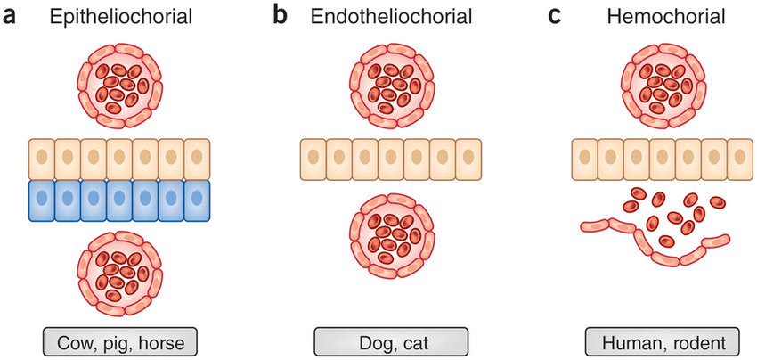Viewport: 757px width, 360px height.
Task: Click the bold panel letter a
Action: click(12, 17)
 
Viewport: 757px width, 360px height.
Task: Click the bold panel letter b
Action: click(281, 17)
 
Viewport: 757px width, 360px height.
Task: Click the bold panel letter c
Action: click(554, 17)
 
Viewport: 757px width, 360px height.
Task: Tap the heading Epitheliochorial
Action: click(119, 17)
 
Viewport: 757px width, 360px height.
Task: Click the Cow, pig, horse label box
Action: click(119, 342)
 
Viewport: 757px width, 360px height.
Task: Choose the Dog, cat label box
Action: click(390, 342)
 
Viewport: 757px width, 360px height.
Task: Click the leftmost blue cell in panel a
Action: click(42, 200)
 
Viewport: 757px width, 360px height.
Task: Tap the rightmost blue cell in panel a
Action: click(197, 200)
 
